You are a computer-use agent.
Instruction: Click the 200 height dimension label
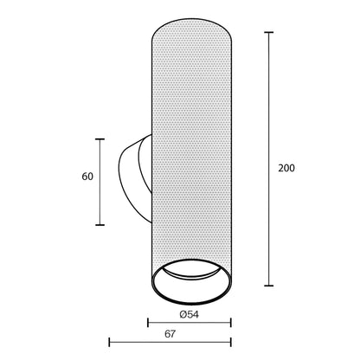(286, 168)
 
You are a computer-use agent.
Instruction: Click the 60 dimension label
(87, 177)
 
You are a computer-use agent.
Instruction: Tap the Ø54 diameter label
(190, 314)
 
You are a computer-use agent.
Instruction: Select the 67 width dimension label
(170, 334)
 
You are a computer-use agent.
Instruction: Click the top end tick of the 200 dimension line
(269, 33)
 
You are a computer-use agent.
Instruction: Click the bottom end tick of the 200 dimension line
(269, 286)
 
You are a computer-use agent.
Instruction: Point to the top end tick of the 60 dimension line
(100, 139)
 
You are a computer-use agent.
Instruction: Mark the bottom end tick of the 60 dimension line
(100, 225)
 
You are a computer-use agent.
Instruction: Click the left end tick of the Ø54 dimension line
(148, 323)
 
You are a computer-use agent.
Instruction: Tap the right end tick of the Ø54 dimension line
(231, 323)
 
